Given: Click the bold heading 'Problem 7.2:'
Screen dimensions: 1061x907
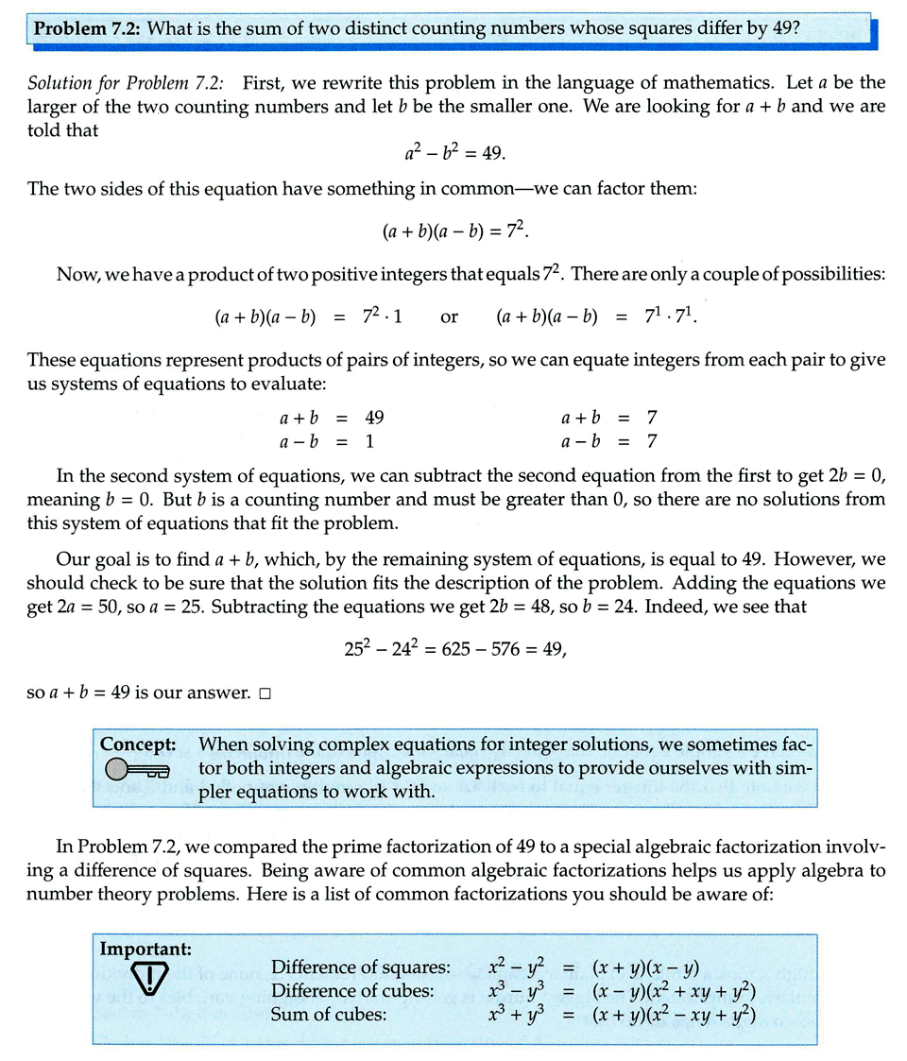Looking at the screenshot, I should point(87,27).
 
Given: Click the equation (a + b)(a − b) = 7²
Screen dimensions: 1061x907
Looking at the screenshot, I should point(461,231).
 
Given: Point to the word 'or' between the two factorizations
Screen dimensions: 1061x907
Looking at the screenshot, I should point(450,317).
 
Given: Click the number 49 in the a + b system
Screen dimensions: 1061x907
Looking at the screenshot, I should point(374,417).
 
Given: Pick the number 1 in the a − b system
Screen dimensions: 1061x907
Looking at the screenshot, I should point(369,441).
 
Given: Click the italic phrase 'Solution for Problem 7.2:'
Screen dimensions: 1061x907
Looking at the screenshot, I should point(131,82).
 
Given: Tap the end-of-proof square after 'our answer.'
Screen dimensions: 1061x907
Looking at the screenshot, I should point(264,693).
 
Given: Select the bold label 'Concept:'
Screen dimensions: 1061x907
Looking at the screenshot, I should point(138,744).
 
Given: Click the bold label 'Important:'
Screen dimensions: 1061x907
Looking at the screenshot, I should point(145,948).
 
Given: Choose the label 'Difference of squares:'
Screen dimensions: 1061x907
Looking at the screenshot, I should point(360,967).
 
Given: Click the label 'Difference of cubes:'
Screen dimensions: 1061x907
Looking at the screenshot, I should point(352,990).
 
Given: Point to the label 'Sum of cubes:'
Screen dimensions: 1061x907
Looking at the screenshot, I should point(328,1015).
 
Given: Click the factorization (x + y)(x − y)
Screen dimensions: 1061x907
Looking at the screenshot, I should point(644,967).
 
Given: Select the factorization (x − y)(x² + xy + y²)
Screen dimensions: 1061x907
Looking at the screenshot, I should point(675,990).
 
